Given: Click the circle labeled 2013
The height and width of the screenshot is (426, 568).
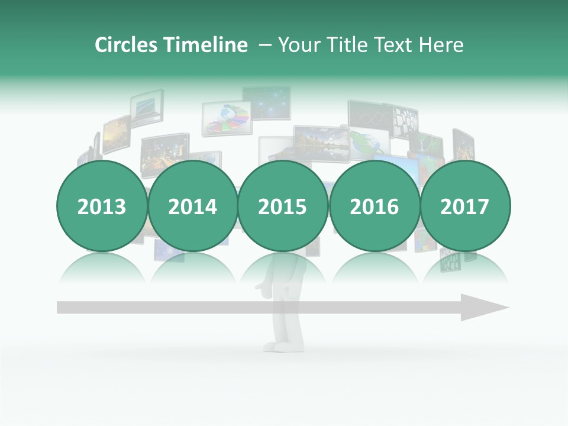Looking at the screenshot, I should (102, 206).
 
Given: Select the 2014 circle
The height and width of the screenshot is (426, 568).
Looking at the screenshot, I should (192, 206).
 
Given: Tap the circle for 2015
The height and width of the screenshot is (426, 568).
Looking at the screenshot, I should (283, 206).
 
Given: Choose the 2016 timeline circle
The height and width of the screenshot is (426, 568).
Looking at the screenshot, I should (374, 206).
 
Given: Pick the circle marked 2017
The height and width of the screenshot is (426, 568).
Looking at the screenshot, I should (465, 206).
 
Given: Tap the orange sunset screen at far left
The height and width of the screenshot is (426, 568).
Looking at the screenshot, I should (116, 135).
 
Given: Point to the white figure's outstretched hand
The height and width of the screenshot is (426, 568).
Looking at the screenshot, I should (260, 288).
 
